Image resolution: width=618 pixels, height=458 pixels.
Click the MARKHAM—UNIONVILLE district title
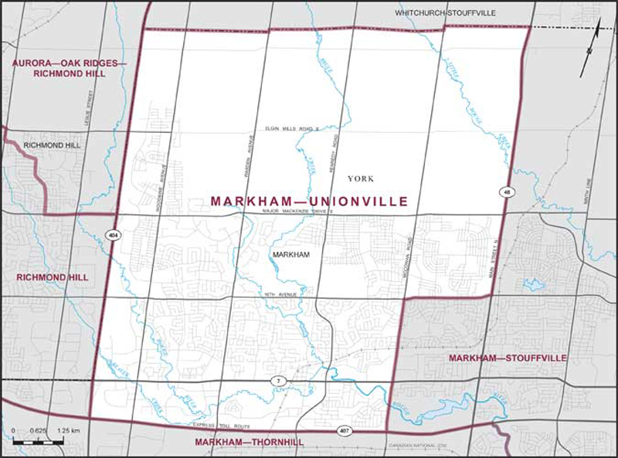309,201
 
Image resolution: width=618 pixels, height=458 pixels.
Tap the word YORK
361,178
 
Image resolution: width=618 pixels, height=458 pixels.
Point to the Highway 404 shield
114,236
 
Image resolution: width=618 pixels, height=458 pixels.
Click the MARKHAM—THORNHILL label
249,443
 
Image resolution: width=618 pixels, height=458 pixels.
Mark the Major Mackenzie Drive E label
297,210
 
